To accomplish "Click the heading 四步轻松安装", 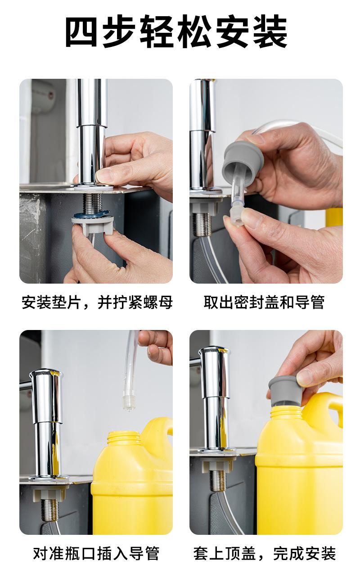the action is click(x=176, y=31).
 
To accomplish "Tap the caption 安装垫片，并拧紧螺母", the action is click(x=97, y=303).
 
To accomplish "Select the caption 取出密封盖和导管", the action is click(x=264, y=302).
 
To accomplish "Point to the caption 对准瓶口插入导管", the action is click(x=96, y=554).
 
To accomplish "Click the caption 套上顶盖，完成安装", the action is click(x=265, y=554).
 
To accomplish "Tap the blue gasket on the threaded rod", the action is click(x=91, y=215).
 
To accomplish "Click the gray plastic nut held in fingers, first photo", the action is click(x=93, y=226).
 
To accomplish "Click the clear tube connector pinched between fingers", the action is click(x=235, y=216).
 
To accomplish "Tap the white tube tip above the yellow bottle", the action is click(x=128, y=402).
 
